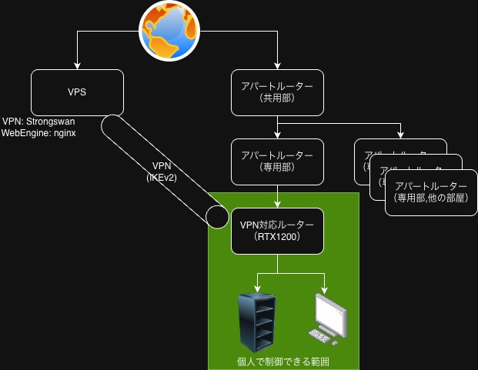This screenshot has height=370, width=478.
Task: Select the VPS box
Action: click(77, 92)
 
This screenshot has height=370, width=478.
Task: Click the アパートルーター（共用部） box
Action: click(277, 92)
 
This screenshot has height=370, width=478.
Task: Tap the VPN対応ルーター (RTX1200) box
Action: click(277, 231)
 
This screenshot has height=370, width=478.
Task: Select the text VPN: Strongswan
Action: click(38, 122)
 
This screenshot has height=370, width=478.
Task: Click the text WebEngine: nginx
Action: click(38, 132)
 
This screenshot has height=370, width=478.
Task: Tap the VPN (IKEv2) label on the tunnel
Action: click(162, 172)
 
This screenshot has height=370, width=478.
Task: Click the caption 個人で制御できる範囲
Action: click(283, 362)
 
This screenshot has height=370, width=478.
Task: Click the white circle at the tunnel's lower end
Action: click(217, 216)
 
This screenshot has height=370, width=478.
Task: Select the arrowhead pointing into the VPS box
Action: click(77, 65)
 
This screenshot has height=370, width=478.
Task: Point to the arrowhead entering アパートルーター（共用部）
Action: click(277, 65)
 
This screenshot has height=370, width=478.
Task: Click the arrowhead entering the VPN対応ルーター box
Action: click(277, 204)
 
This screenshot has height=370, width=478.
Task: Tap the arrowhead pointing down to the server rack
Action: click(256, 288)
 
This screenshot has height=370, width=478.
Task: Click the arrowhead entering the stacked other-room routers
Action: click(400, 135)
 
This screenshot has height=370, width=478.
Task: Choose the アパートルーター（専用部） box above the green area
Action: click(277, 162)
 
